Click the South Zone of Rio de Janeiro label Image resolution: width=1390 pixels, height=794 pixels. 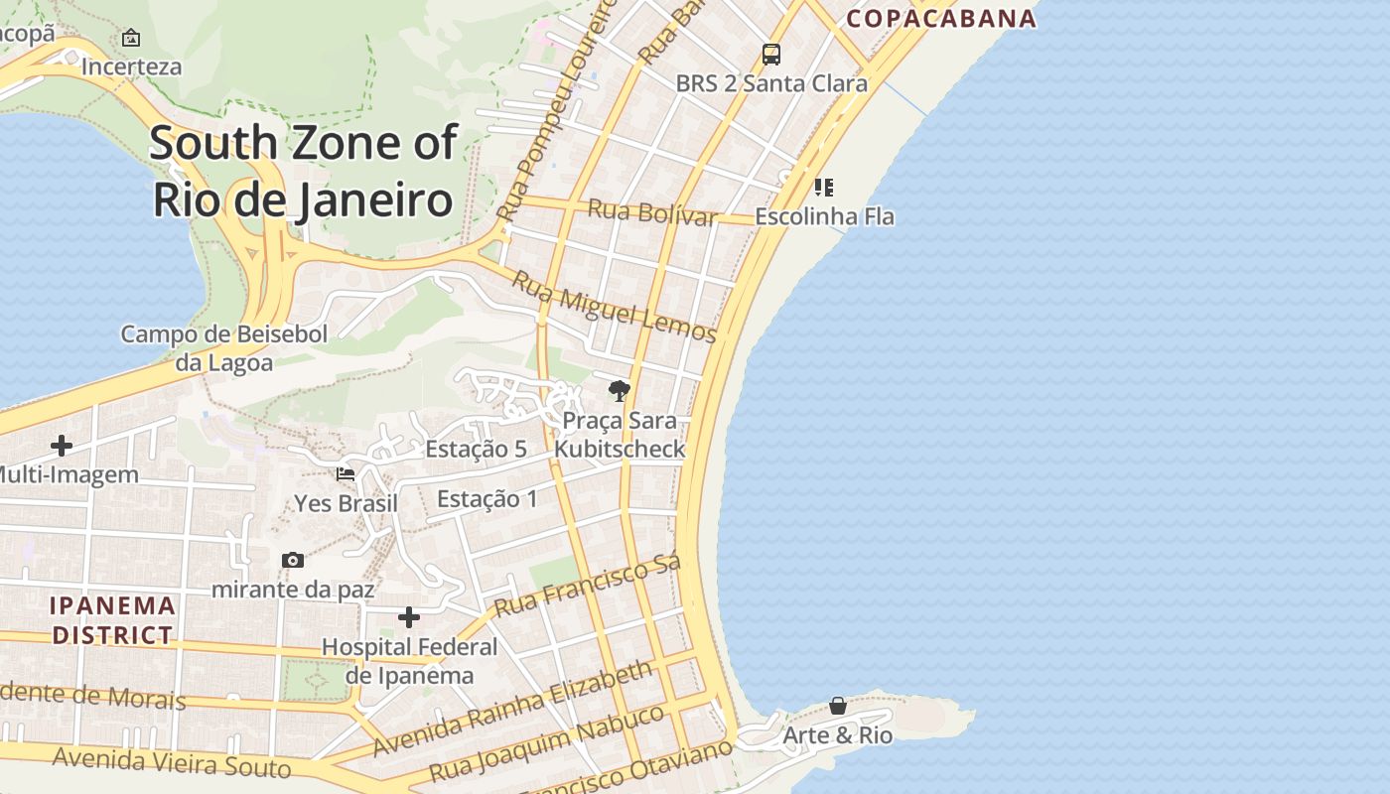click(303, 171)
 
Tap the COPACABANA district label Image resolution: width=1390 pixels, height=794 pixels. click(940, 18)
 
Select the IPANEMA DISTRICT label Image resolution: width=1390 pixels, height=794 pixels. click(112, 619)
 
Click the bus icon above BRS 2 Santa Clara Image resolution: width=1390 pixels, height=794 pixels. click(771, 54)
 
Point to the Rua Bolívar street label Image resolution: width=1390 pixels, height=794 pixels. click(651, 211)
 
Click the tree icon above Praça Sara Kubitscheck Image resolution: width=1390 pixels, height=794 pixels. click(620, 390)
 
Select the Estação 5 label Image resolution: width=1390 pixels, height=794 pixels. click(476, 449)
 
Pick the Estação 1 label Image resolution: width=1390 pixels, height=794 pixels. click(486, 498)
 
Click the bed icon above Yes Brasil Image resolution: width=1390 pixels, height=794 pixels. click(346, 473)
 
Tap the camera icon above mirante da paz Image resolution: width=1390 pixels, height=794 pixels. click(292, 560)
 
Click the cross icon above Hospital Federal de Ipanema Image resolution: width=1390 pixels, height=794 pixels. click(409, 617)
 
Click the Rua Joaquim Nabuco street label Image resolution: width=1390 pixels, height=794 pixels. click(546, 742)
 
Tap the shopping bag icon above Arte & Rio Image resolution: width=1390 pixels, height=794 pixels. click(838, 706)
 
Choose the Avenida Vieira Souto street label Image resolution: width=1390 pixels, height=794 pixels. click(172, 762)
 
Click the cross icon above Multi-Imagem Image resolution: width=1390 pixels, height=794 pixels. click(62, 446)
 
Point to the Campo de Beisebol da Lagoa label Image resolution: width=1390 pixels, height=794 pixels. click(223, 347)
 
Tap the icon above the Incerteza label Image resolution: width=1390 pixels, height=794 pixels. click(130, 38)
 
